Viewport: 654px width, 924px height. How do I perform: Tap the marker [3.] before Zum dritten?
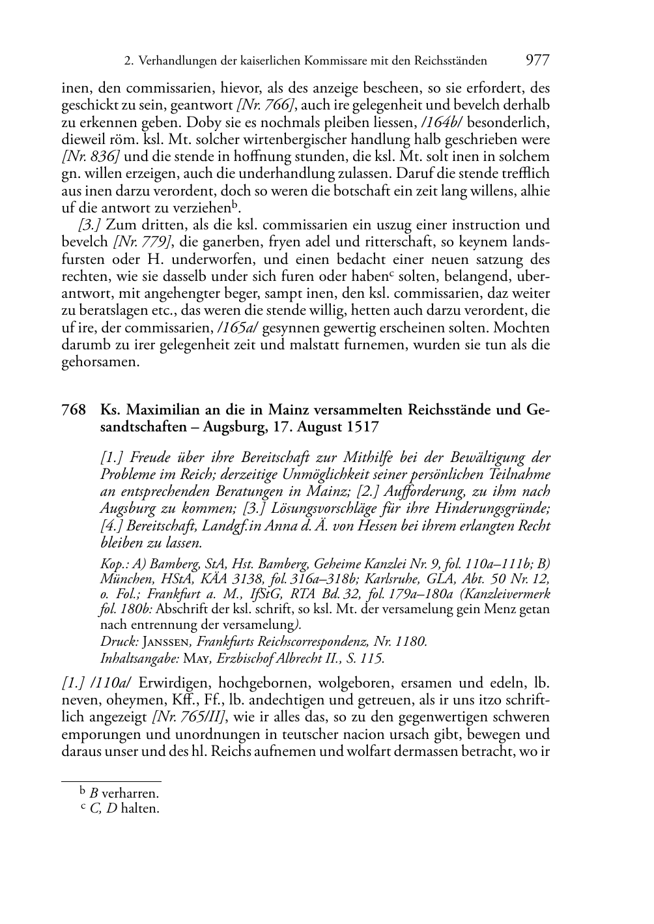89,225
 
